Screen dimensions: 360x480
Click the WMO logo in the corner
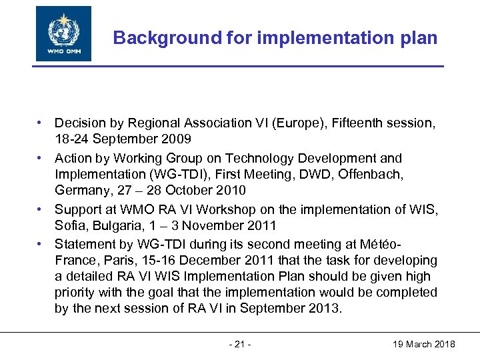pyautogui.click(x=64, y=33)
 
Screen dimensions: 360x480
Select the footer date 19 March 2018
pyautogui.click(x=425, y=344)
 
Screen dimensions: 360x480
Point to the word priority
pyautogui.click(x=77, y=292)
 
